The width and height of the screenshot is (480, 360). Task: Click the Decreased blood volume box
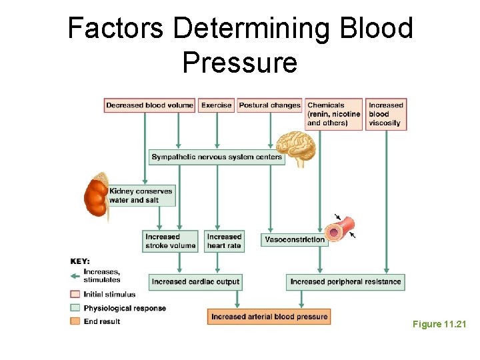coord(149,105)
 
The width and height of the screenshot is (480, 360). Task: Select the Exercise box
coord(216,105)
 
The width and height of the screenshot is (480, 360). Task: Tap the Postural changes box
coord(269,105)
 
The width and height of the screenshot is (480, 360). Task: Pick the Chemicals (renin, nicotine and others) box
coord(333,114)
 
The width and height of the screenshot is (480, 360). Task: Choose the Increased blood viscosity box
coord(386,114)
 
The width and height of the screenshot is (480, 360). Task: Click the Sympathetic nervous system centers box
coord(217,157)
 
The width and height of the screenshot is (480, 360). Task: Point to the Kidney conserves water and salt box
coord(141,195)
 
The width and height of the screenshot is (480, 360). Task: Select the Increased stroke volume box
coord(171,241)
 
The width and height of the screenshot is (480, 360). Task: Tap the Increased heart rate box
coord(224,241)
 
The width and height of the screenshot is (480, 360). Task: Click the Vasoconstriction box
coord(295,239)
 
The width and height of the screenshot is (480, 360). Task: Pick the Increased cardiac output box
coord(195,282)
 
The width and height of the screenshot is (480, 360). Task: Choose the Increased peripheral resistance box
coord(345,282)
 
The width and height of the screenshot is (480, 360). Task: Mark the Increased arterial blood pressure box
coord(269,317)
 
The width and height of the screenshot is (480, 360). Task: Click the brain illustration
coord(296,147)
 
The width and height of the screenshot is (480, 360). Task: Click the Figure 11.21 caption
coord(439,324)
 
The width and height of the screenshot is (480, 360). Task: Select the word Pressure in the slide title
coord(239,62)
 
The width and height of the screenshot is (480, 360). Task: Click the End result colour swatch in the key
coord(75,321)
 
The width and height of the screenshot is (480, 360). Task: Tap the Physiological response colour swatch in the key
coord(75,308)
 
